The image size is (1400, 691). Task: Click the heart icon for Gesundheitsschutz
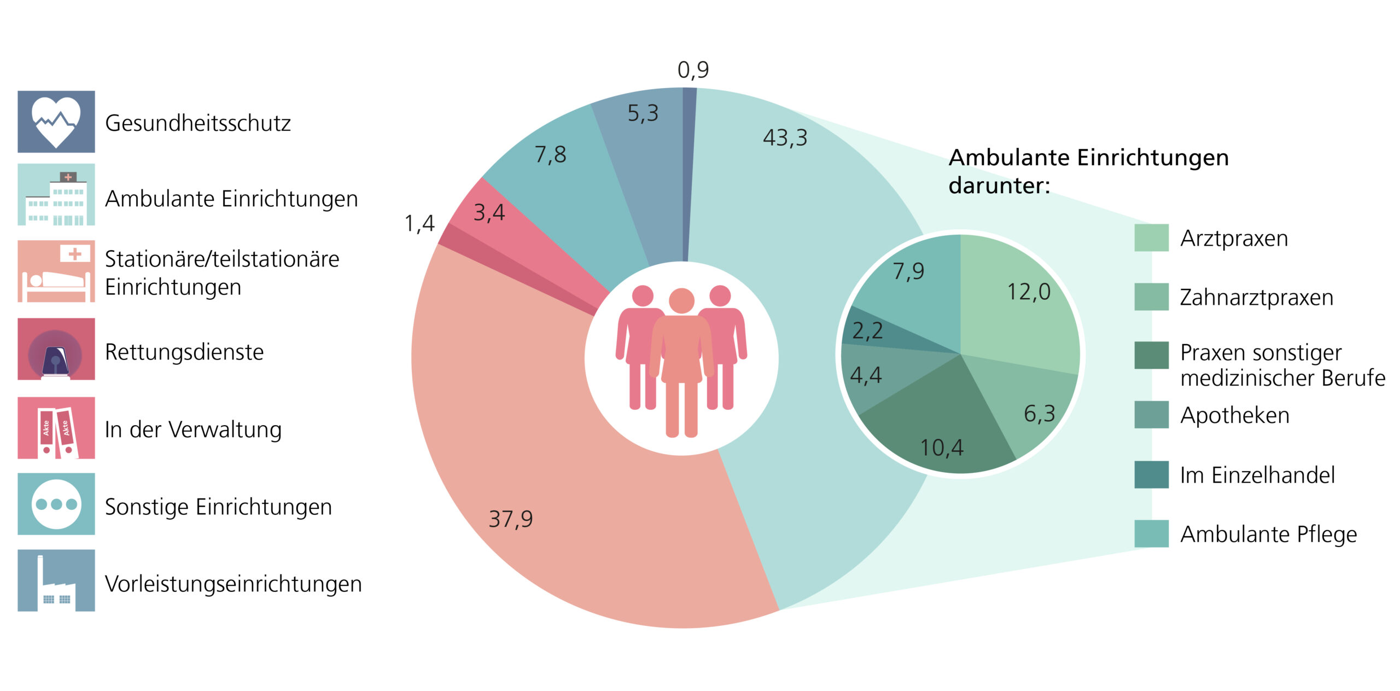coord(56,121)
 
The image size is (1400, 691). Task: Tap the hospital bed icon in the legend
coord(56,271)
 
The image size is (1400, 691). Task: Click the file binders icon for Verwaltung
coord(56,428)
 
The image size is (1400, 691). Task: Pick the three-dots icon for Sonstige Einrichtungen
coord(56,504)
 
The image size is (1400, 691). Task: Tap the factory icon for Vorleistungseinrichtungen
coord(56,580)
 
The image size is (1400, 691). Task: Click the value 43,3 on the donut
coord(785,137)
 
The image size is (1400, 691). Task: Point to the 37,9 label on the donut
coord(510,519)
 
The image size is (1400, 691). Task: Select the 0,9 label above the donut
coord(693,70)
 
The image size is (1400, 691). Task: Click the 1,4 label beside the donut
coord(419,223)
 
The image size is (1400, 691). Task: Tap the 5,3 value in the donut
coord(643,113)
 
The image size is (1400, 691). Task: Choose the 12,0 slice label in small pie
coord(1029,292)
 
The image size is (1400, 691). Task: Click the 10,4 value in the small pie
coord(941,448)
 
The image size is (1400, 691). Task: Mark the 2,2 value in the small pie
coord(867,330)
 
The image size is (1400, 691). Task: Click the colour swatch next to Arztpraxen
coord(1151,237)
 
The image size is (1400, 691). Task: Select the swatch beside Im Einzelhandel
coord(1151,474)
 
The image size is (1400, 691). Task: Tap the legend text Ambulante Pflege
coord(1268,534)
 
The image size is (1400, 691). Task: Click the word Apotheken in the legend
coord(1234,415)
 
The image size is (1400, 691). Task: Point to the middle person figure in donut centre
coord(681,361)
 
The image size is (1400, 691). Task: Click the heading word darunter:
coord(999,185)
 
